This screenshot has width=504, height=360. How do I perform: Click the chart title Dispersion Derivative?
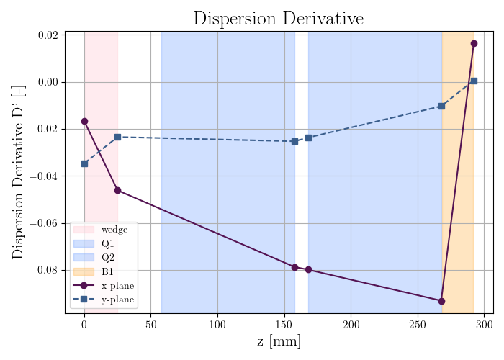click(279, 18)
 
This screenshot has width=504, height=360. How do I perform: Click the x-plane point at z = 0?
click(84, 121)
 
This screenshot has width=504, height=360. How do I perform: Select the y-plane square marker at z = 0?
click(84, 164)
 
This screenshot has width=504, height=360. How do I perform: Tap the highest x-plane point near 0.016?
click(474, 44)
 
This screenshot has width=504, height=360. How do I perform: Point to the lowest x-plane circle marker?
click(441, 301)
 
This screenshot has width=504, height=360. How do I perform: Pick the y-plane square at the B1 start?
click(441, 106)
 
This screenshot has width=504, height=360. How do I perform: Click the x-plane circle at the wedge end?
click(117, 190)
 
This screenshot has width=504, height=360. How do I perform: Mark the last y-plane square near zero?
click(474, 81)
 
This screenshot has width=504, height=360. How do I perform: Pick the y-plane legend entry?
click(104, 300)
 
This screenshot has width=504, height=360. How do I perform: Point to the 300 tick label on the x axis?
click(485, 325)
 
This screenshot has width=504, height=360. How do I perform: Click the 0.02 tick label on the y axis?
click(48, 35)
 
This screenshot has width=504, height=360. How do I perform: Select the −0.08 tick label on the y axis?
click(44, 270)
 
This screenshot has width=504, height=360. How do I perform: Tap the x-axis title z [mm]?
click(279, 342)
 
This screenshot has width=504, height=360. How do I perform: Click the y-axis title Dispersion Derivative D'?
click(18, 172)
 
